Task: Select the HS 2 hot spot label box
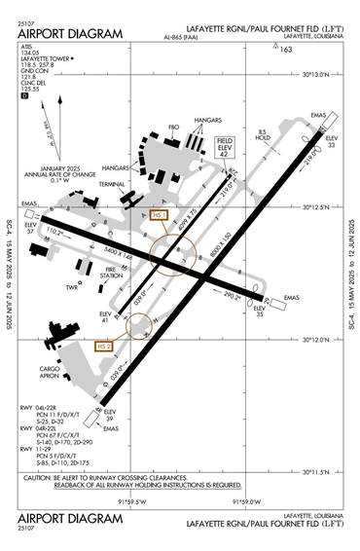pos(104,346)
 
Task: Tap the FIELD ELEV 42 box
pos(224,146)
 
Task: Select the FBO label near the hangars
pos(174,127)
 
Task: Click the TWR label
pos(69,288)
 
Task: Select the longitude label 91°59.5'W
pos(133,501)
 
